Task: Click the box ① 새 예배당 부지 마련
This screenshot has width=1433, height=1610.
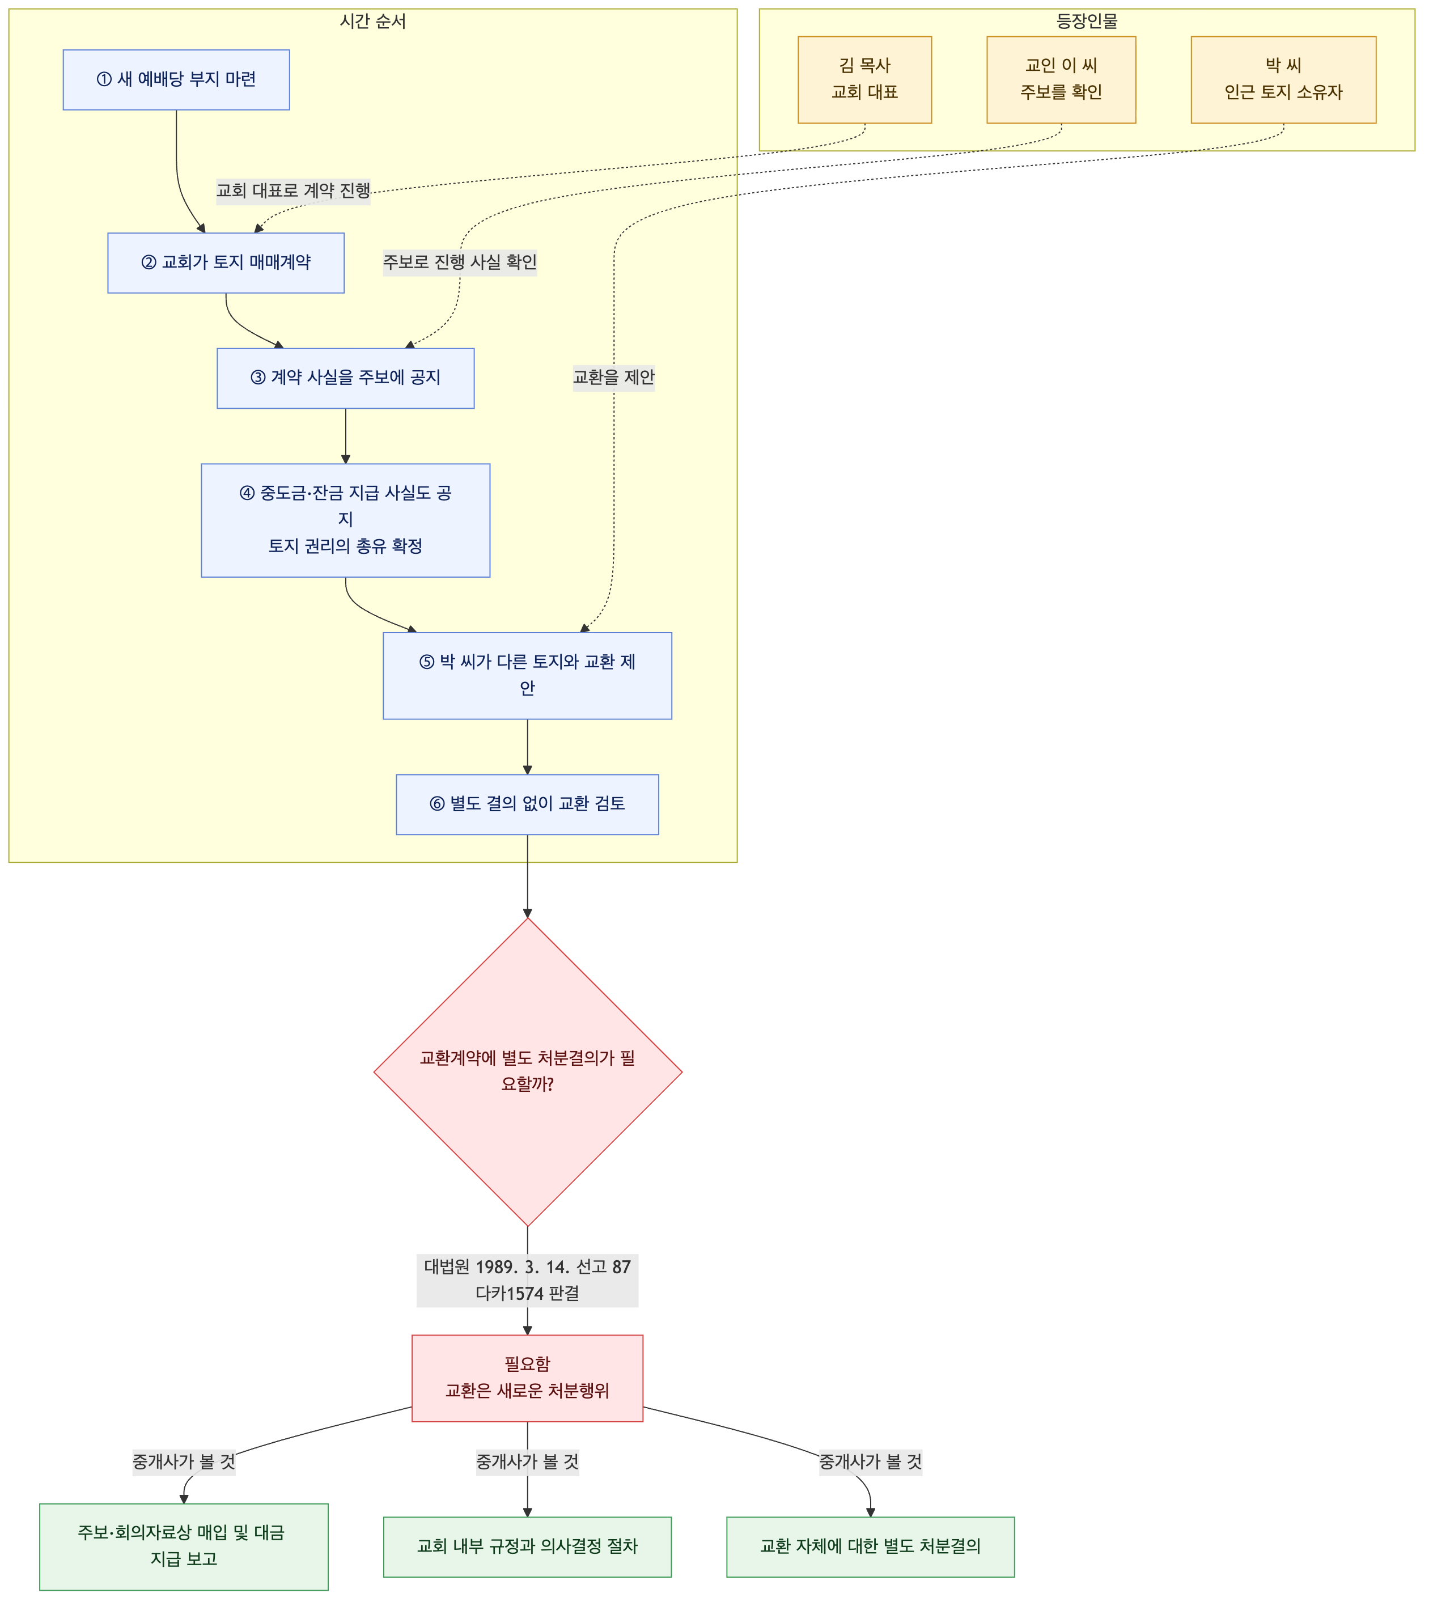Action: tap(176, 79)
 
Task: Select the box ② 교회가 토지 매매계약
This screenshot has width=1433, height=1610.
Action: tap(226, 263)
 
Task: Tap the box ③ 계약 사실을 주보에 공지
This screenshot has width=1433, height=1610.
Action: tap(346, 379)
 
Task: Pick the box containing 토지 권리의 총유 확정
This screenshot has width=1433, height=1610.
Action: tap(346, 520)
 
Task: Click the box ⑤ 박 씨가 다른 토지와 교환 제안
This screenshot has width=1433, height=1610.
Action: tap(528, 676)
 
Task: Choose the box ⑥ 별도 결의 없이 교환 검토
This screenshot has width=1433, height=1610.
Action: tap(528, 804)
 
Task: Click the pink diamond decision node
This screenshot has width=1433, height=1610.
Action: tap(528, 1072)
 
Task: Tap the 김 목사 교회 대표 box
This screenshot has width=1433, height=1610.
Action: tap(865, 79)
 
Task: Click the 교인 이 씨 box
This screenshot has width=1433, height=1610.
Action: tap(1061, 79)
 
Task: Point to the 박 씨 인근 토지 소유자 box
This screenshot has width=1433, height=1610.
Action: tap(1283, 79)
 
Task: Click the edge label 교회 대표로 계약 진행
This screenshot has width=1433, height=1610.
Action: tap(294, 190)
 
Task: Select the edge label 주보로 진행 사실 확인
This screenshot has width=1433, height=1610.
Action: tap(460, 262)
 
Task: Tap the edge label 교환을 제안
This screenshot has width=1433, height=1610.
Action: tap(614, 378)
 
